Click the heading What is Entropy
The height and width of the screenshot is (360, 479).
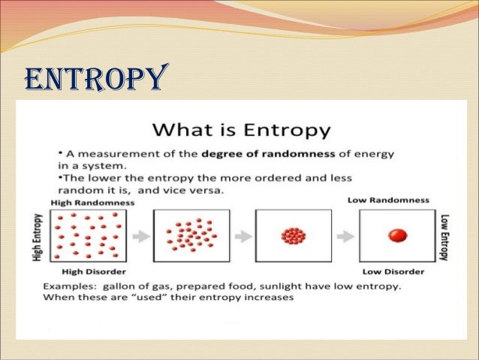click(240, 129)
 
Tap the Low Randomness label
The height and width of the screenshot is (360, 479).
click(388, 200)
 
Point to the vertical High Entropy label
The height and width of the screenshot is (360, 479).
click(37, 235)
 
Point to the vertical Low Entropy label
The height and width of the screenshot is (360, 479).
click(444, 236)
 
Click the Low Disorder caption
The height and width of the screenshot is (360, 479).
click(393, 271)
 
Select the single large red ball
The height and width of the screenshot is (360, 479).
click(396, 235)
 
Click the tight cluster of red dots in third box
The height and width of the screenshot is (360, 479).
click(293, 236)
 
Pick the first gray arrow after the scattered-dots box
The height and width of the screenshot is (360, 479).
click(140, 236)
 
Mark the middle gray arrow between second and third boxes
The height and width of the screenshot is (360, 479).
click(243, 236)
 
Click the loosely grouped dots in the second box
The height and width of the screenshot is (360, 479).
click(191, 236)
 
